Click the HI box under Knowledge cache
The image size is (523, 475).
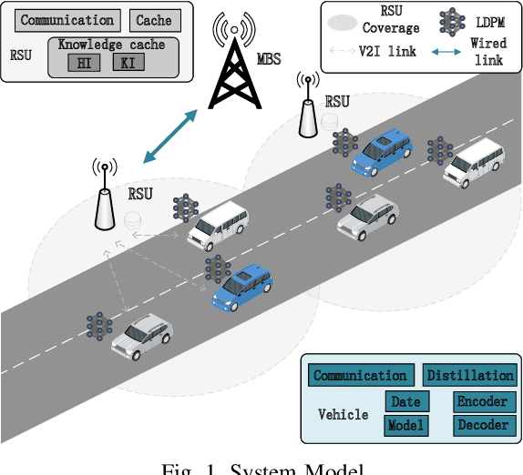tap(85, 63)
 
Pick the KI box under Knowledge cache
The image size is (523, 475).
tap(128, 63)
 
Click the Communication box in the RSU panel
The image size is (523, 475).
tap(67, 20)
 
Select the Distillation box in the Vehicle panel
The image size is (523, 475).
tap(468, 375)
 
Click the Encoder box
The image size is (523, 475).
tap(482, 402)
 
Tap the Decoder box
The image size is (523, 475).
tap(482, 425)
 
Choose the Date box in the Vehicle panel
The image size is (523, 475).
tap(405, 402)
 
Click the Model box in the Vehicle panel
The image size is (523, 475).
tap(405, 425)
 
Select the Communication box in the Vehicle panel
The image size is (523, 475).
tap(359, 375)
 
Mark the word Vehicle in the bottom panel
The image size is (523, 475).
tap(343, 415)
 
